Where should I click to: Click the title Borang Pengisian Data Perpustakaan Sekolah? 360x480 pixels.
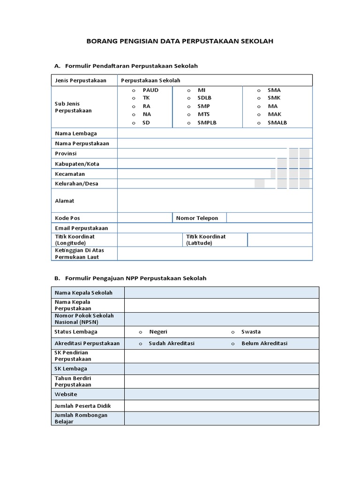(x=180, y=41)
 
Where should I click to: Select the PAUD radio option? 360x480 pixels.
(x=134, y=90)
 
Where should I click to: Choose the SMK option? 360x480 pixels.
(x=258, y=98)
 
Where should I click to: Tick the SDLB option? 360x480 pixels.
(x=188, y=98)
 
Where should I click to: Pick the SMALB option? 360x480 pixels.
(x=258, y=123)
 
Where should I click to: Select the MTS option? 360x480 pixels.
(x=188, y=114)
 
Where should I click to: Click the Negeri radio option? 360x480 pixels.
(x=140, y=332)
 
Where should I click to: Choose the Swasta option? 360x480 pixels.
(x=232, y=332)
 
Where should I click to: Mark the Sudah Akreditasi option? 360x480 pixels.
(x=140, y=344)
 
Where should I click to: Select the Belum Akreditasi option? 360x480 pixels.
(x=232, y=344)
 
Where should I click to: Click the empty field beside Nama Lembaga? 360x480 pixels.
(x=215, y=134)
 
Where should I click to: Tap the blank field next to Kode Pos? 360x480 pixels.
(x=145, y=218)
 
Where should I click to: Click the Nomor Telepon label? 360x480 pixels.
(x=197, y=218)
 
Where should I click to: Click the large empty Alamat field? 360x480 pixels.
(x=215, y=201)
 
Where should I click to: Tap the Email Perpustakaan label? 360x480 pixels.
(x=82, y=228)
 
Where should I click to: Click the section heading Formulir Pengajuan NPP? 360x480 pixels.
(x=135, y=278)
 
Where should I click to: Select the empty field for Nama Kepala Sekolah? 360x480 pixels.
(x=221, y=293)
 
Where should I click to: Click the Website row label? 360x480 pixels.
(x=66, y=395)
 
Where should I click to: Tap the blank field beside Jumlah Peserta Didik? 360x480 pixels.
(x=221, y=406)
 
